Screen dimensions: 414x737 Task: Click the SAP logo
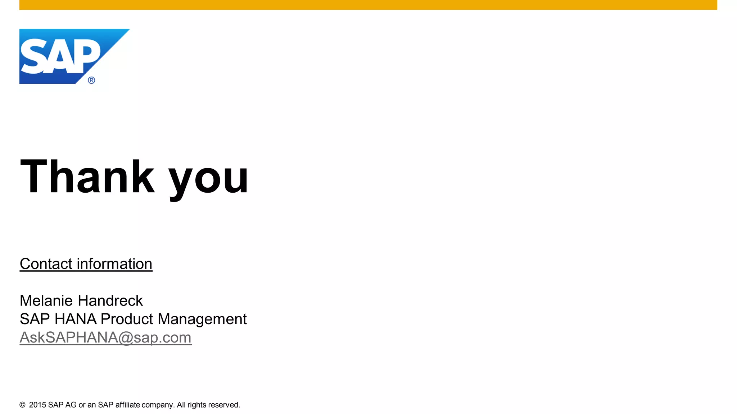tap(61, 56)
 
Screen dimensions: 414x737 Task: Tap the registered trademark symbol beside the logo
tap(91, 80)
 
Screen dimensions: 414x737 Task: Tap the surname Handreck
tap(110, 300)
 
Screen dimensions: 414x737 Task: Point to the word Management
tap(202, 319)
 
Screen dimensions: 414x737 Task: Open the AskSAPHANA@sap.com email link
tap(105, 337)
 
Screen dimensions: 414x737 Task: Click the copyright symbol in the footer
tap(22, 405)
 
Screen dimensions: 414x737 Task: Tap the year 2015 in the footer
tap(37, 405)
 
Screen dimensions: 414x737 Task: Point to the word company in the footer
tap(158, 405)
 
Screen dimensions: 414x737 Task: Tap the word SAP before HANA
tap(35, 319)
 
